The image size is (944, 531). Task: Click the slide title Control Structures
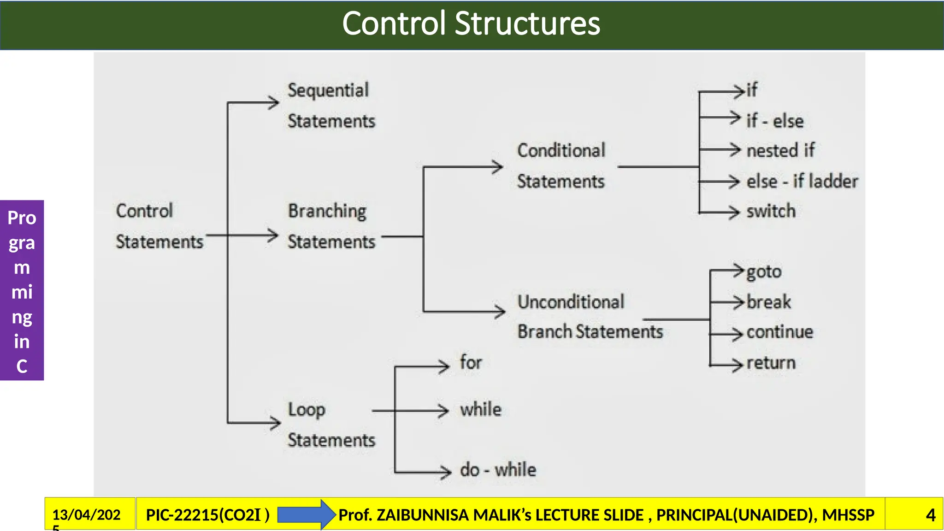coord(471,24)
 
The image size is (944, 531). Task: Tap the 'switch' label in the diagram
coord(771,211)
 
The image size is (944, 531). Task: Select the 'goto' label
coord(764,271)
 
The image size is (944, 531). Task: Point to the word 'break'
coord(768,302)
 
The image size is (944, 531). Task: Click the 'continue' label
coord(779,332)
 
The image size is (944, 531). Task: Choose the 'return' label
coord(771,363)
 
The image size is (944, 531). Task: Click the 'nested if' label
coord(780,150)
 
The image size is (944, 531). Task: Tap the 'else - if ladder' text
coord(802,181)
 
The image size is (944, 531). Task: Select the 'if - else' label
coord(775,121)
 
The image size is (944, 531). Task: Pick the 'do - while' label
coord(498,470)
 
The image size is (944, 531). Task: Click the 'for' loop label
coord(471,362)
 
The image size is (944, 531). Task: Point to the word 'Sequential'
coord(328,90)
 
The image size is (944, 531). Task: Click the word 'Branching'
coord(327,211)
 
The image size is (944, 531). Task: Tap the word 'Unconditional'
coord(571,302)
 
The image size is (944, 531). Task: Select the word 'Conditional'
coord(561,151)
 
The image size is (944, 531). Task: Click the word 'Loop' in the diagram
coord(307,410)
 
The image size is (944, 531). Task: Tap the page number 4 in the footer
coord(930,514)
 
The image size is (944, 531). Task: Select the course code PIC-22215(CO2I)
coord(207,514)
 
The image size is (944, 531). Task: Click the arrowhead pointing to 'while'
coord(443,410)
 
